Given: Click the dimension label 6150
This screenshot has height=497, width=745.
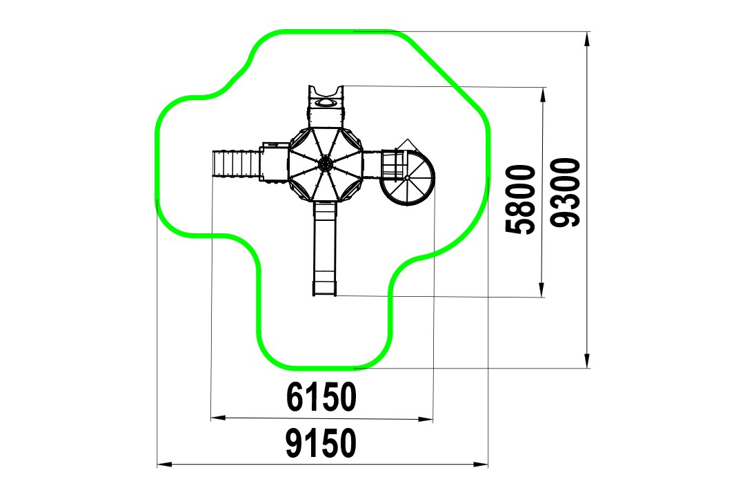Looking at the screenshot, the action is click(321, 397).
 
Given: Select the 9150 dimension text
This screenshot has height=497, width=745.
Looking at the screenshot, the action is click(321, 442).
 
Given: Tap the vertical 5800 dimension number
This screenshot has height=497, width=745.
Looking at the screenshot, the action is click(520, 199).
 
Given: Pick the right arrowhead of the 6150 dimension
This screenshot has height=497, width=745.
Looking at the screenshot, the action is click(426, 419).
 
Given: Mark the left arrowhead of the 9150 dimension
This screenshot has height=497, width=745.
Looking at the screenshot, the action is click(164, 464).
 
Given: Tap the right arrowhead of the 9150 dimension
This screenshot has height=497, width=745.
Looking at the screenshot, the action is click(481, 464).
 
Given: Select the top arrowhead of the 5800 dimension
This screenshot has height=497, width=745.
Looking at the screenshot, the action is click(542, 95).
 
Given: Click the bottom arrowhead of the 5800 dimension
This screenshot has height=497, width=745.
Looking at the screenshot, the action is click(542, 290).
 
